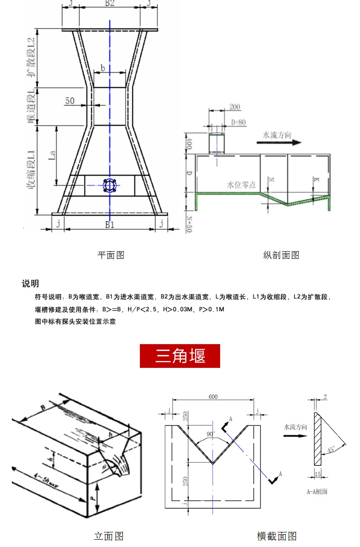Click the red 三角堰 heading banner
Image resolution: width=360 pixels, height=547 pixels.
180,356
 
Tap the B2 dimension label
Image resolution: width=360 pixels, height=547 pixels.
109,4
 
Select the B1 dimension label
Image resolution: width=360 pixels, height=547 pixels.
109,224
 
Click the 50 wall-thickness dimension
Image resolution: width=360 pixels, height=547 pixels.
69,101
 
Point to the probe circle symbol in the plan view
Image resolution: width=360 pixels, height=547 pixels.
109,185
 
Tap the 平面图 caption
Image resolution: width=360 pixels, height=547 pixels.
111,255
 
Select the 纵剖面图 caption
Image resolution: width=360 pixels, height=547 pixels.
281,255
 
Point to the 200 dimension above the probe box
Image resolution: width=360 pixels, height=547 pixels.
235,107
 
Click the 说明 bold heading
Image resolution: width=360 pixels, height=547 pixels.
31,284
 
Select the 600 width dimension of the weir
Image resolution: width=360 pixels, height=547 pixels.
213,397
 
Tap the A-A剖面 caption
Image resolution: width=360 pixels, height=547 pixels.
317,491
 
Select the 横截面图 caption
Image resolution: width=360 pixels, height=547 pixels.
277,536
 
